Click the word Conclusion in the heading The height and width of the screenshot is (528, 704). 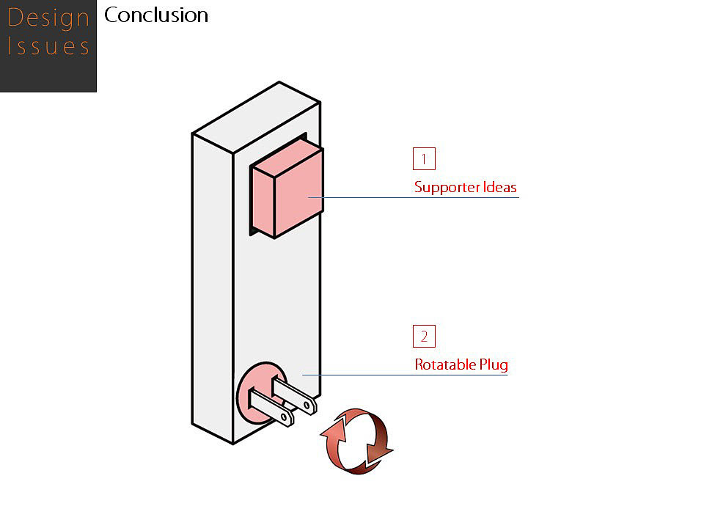156,15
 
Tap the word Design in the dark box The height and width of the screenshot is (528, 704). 48,18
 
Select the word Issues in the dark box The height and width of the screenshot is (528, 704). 48,47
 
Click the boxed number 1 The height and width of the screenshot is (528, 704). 424,159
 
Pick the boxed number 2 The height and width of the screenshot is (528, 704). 424,337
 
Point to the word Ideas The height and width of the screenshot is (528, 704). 499,187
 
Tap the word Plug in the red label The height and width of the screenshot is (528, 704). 493,364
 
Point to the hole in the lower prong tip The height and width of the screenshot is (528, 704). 285,419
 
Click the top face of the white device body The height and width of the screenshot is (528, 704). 257,117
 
